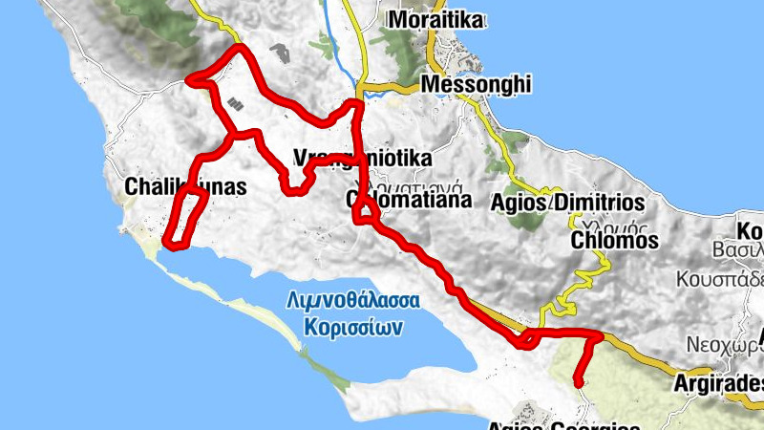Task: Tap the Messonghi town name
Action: pos(475,85)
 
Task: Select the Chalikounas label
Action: pos(185,187)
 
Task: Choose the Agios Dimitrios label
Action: pos(567,203)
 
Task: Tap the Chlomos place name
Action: pos(614,241)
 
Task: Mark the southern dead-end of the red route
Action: pos(578,384)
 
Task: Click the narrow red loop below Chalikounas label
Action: pos(182,218)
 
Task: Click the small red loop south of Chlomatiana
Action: pos(364,216)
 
